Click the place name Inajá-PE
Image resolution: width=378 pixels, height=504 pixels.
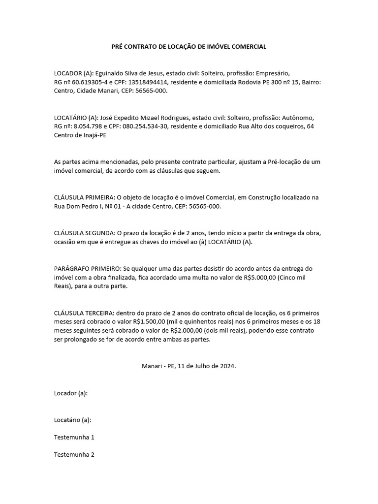point(95,135)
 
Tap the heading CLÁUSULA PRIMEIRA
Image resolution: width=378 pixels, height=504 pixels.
point(84,197)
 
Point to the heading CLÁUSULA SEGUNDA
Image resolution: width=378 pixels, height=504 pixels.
point(84,233)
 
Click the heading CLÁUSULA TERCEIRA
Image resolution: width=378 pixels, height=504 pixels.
point(84,313)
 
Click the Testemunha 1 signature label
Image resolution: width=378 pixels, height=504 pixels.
point(74,437)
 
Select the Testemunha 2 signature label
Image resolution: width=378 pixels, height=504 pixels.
point(74,455)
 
